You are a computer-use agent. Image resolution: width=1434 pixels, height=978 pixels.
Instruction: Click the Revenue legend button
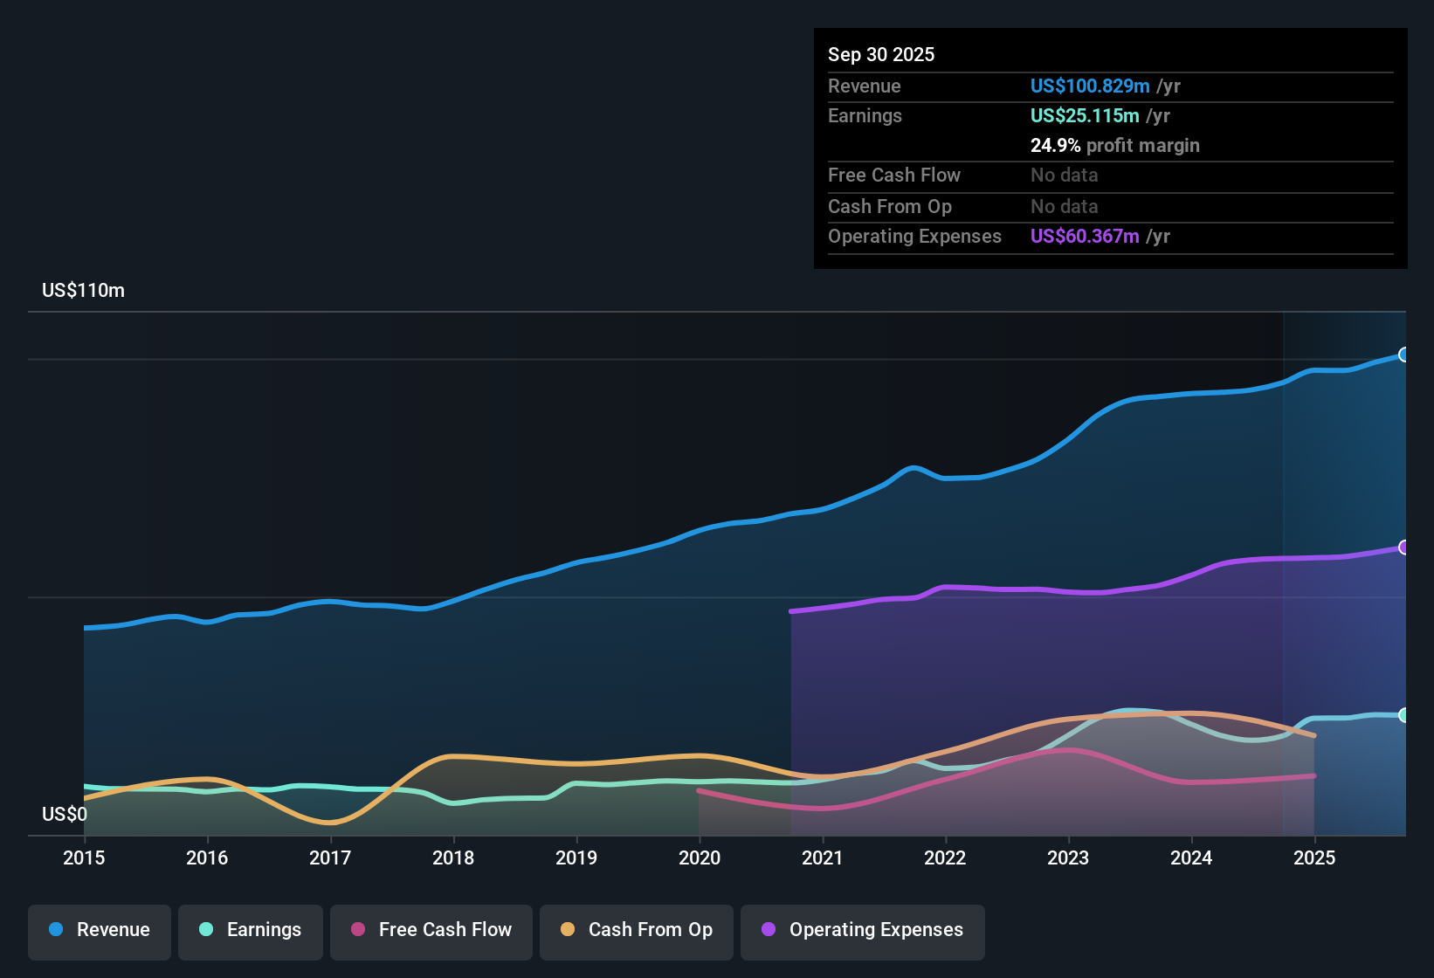[100, 931]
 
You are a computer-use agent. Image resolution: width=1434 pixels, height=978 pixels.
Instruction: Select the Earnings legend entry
[251, 931]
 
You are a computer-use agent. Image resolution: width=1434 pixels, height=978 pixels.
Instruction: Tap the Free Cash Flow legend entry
[431, 931]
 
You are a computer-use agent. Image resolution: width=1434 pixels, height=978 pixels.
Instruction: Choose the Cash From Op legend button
[637, 931]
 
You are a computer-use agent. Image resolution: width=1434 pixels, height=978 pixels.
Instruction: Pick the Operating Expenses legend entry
[863, 931]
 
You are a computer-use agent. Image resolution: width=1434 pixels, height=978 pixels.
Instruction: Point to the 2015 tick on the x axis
[84, 858]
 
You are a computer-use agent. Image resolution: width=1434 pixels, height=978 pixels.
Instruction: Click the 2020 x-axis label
[700, 858]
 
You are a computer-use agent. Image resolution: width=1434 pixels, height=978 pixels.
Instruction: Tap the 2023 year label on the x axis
[1068, 858]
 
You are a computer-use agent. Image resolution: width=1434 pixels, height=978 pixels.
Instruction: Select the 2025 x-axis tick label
[1314, 858]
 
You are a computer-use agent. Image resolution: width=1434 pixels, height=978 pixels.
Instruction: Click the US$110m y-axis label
[83, 291]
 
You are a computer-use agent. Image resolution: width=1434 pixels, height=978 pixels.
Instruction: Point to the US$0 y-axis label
[65, 815]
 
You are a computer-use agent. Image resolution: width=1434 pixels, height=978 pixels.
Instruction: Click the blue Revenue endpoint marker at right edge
[1404, 355]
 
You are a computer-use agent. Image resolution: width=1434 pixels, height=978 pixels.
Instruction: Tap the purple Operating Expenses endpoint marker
[1404, 548]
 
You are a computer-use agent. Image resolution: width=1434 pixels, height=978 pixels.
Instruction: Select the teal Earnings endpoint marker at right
[1404, 715]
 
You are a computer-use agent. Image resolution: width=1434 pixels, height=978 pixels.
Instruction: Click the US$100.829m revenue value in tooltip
[1089, 86]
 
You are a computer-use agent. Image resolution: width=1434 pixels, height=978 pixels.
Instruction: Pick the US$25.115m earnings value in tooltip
[1084, 116]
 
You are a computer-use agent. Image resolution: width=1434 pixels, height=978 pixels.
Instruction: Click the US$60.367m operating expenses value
[1084, 237]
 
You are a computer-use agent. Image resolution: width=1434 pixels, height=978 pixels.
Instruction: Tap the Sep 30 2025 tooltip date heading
[880, 55]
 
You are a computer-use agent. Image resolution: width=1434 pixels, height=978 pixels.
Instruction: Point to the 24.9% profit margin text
[1114, 146]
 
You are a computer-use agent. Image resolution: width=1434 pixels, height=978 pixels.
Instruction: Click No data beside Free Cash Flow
[1064, 176]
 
